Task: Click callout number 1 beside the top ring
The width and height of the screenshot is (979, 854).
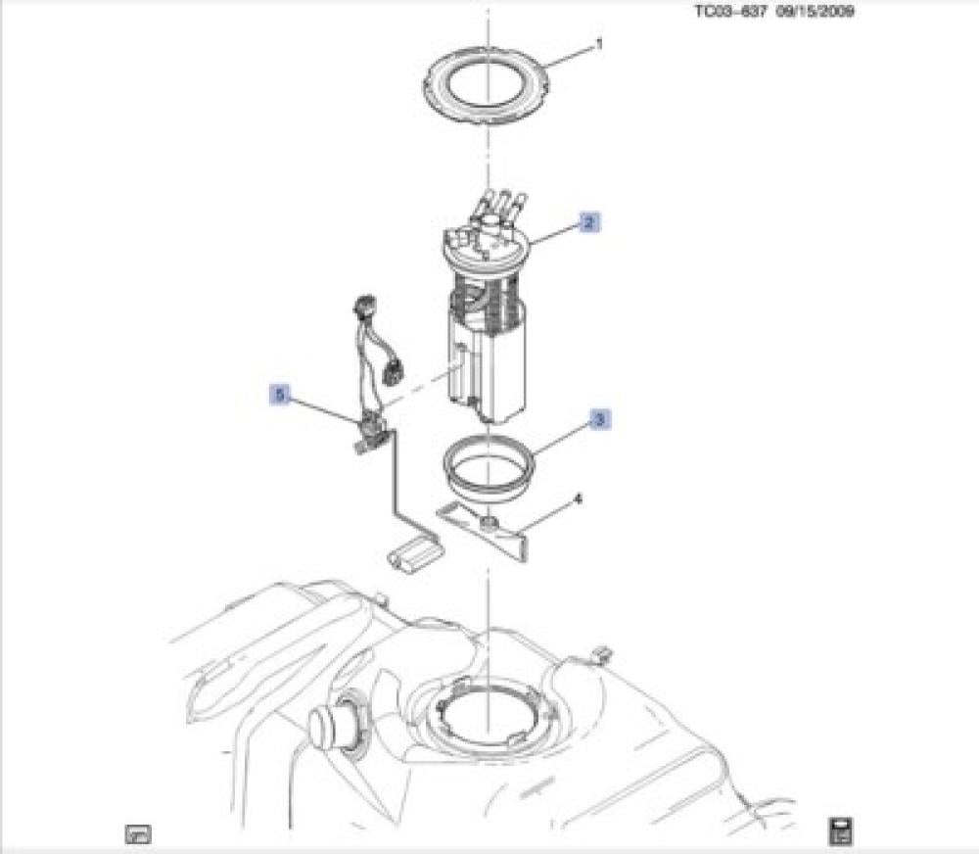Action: coord(599,45)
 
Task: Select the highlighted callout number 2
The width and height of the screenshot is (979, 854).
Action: coord(589,222)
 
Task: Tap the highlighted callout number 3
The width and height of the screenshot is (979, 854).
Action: coord(599,419)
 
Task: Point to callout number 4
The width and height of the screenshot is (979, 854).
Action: coord(579,499)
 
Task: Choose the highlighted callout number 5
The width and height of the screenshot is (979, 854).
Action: coord(280,395)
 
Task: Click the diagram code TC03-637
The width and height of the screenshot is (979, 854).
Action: coord(730,11)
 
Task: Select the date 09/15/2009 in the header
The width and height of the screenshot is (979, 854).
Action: coord(816,11)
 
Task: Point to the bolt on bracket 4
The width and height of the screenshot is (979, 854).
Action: coord(489,522)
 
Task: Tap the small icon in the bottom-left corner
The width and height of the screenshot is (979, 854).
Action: coord(138,833)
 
